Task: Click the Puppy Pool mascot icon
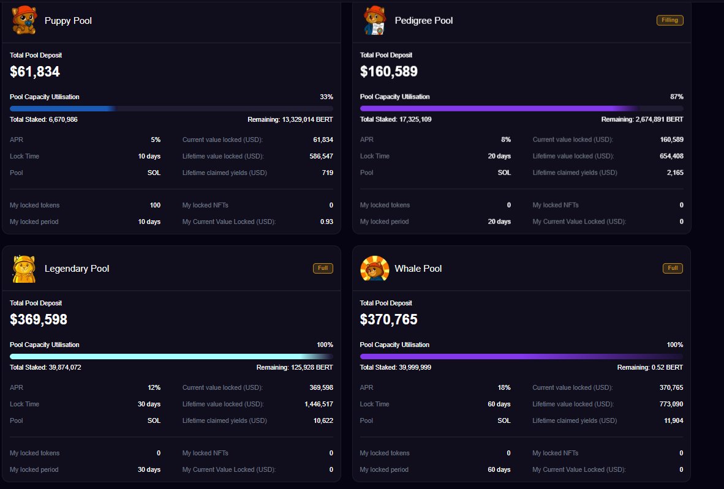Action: point(24,20)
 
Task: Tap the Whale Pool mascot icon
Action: point(374,269)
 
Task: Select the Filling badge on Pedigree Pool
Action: point(669,20)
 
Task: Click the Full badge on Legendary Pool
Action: point(323,268)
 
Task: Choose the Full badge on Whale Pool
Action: point(673,268)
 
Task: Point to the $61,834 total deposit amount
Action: point(35,72)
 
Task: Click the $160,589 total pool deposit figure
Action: point(389,72)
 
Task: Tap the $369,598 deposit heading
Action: point(39,319)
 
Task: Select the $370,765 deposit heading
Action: point(389,319)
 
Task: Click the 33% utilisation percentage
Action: point(326,97)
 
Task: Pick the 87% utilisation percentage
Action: point(677,97)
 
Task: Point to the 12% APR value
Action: point(154,387)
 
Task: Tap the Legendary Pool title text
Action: point(77,269)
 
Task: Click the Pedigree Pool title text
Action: point(424,21)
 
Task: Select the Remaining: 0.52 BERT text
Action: point(650,367)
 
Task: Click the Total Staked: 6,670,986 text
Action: point(43,119)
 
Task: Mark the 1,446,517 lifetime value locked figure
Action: point(319,404)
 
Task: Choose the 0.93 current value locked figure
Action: point(326,222)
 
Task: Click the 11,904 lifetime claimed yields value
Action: point(673,420)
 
